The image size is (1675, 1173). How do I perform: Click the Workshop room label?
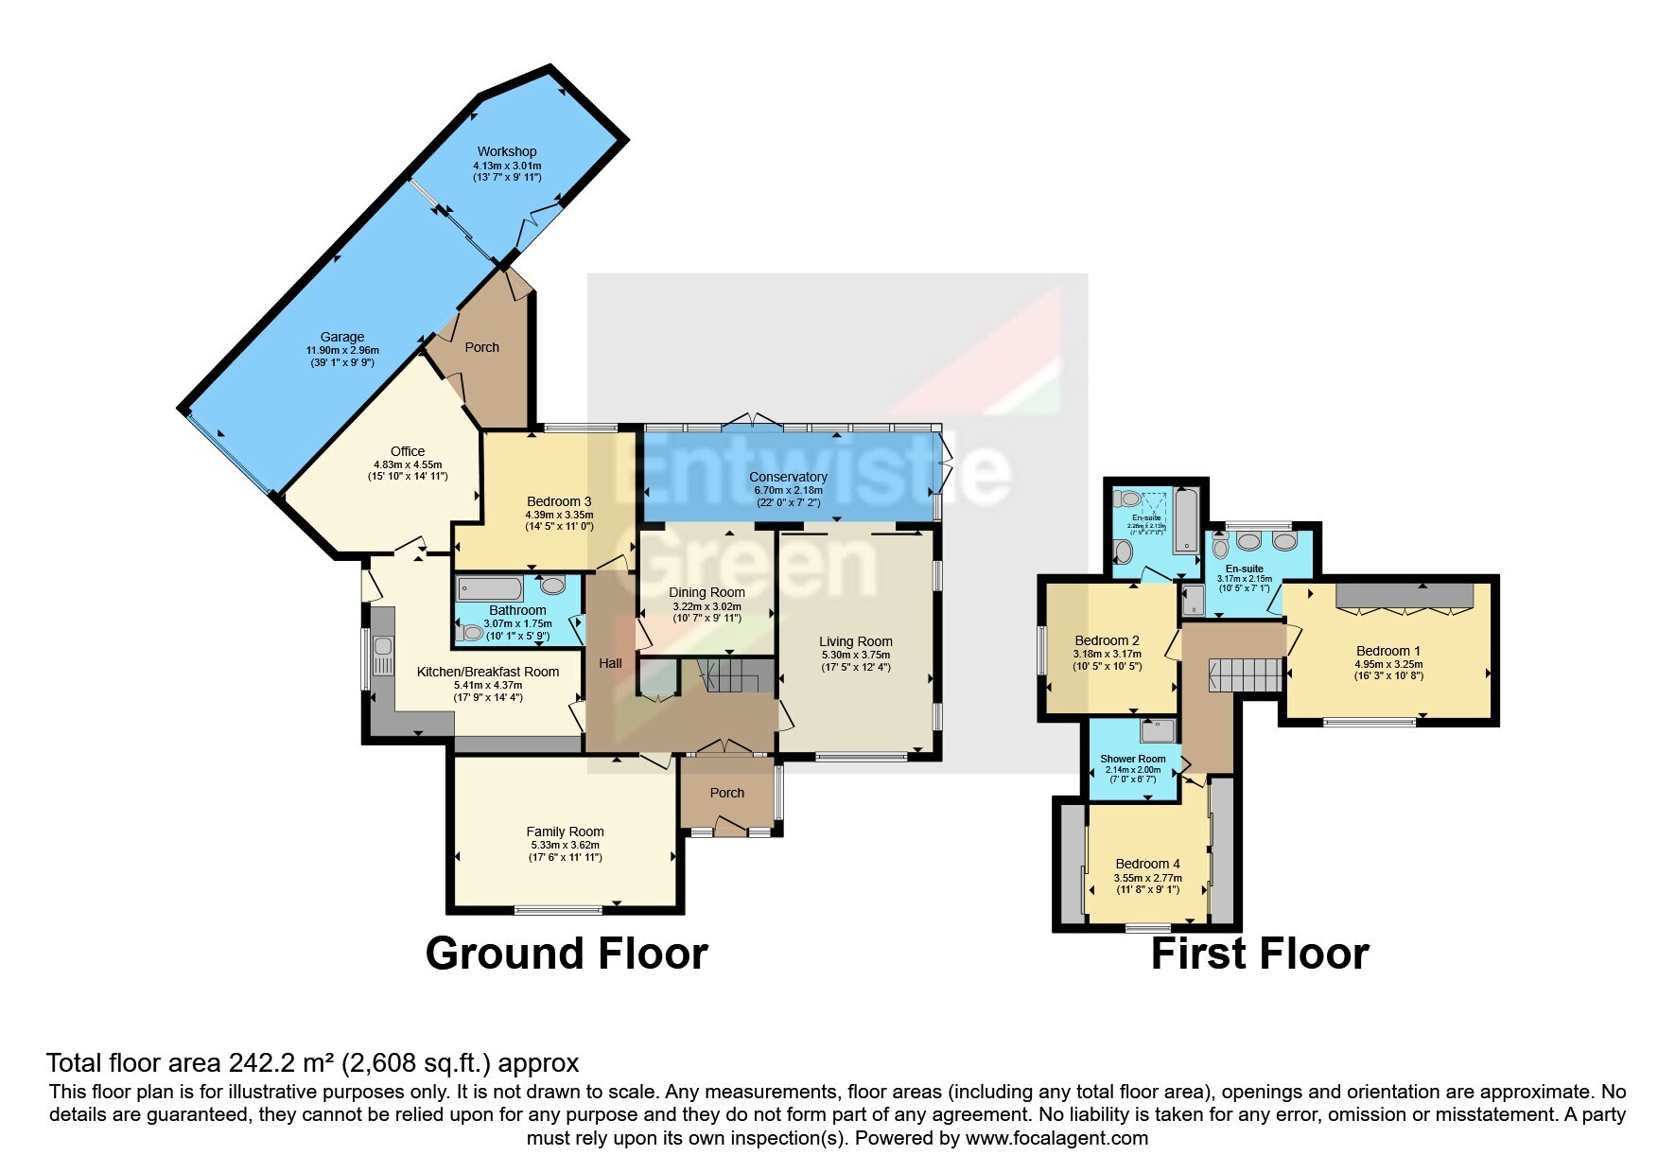[506, 151]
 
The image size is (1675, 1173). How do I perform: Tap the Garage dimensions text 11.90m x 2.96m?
[341, 350]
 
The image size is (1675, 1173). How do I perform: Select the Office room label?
[408, 451]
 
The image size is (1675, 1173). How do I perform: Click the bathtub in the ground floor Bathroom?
[490, 588]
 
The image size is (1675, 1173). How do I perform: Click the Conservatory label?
[788, 477]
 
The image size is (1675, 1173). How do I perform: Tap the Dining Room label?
[707, 592]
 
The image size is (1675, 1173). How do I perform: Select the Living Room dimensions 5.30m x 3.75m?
[855, 655]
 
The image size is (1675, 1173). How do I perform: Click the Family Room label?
[565, 832]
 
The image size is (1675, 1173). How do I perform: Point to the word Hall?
[610, 663]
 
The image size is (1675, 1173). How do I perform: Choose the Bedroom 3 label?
[559, 501]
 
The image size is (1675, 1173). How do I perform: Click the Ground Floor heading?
[567, 953]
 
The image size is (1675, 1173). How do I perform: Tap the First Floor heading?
[1259, 954]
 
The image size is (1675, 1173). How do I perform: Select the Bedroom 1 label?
[1387, 651]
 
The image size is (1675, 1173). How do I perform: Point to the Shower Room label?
[1132, 759]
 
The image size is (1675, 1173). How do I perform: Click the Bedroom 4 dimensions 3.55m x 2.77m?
[1147, 878]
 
